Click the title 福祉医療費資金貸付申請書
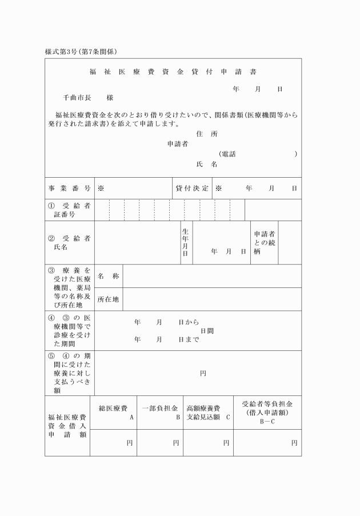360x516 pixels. (173, 73)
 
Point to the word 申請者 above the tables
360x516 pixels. (178, 144)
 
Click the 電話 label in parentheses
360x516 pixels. (229, 154)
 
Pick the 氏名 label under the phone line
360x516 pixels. (206, 165)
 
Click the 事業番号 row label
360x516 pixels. (69, 188)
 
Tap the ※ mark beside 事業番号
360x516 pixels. (101, 188)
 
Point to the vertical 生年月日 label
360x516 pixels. (186, 242)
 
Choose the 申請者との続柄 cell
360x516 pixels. (264, 242)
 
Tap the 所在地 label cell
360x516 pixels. (109, 299)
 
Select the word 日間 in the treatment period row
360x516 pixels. (207, 331)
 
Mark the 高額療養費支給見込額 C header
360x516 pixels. (208, 413)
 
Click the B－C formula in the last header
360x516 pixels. (267, 421)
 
